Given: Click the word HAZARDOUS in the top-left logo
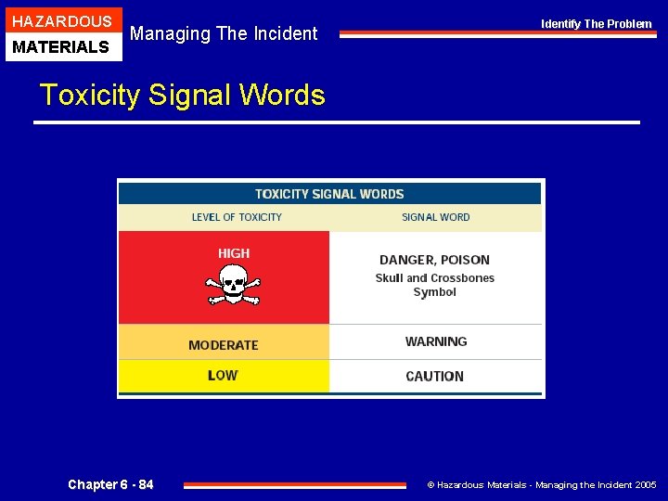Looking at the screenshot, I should click(x=62, y=21).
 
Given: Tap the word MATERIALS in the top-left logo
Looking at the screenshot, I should click(x=62, y=46).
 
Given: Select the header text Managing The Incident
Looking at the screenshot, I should click(x=224, y=33).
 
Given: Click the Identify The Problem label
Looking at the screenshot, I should click(x=597, y=24).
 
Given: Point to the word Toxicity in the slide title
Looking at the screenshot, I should click(x=90, y=95).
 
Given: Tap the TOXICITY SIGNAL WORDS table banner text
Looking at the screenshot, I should click(x=329, y=194).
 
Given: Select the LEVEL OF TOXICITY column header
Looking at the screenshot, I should click(x=237, y=217).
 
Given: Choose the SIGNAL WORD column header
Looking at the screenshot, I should click(x=435, y=217).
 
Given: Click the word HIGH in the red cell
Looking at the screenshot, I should click(x=234, y=253).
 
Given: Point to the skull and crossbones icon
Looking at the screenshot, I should click(x=233, y=285).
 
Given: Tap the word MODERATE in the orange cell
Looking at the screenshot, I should click(x=224, y=345).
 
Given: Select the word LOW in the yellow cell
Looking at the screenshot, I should click(x=223, y=376).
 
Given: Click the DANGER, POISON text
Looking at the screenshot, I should click(x=434, y=260).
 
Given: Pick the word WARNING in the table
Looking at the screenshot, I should click(x=436, y=341).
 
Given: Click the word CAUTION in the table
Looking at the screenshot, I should click(x=434, y=377).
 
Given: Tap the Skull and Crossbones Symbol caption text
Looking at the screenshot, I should click(x=434, y=285).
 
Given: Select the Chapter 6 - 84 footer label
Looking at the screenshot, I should click(x=110, y=484).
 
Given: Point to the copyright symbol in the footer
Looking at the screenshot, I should click(x=430, y=485).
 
